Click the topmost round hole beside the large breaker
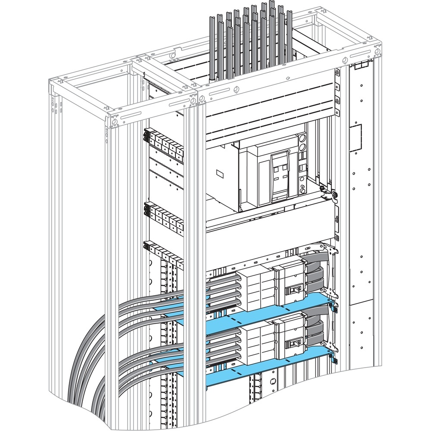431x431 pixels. (x=302, y=139)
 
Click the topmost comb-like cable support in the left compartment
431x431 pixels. (x=164, y=142)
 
